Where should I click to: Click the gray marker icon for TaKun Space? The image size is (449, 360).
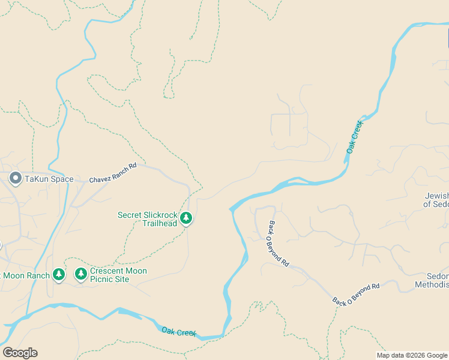click(x=16, y=178)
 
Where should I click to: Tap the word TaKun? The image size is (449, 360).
click(x=37, y=179)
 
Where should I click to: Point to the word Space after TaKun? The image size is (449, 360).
click(x=62, y=179)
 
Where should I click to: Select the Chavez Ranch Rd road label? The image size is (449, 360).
click(x=113, y=173)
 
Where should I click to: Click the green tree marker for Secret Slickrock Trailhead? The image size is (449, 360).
click(x=186, y=218)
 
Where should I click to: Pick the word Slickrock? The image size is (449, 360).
click(x=159, y=215)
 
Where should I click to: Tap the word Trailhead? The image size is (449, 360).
click(x=160, y=223)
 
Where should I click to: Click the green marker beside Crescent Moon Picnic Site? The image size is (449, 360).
click(x=80, y=274)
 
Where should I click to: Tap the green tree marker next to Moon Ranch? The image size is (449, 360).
click(x=58, y=274)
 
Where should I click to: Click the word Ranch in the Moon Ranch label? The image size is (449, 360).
click(x=38, y=275)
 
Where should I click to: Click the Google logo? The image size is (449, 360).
click(x=20, y=353)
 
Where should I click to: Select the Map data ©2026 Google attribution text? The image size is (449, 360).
click(x=412, y=355)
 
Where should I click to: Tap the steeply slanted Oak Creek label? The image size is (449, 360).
click(x=355, y=137)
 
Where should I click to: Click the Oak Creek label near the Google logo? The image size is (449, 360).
click(x=179, y=332)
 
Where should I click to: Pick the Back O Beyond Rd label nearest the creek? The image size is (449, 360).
click(x=279, y=244)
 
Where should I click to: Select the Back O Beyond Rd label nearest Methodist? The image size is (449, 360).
click(x=357, y=294)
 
